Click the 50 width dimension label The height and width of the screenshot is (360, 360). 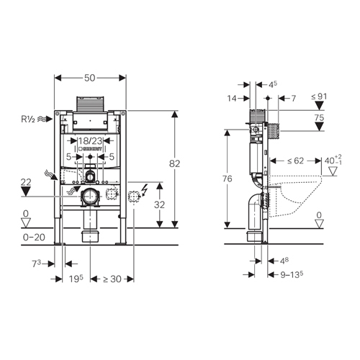pyautogui.click(x=90, y=78)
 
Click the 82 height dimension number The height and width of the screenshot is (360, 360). pyautogui.click(x=174, y=163)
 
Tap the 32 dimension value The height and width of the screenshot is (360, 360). pyautogui.click(x=159, y=205)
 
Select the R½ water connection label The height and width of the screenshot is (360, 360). pyautogui.click(x=28, y=119)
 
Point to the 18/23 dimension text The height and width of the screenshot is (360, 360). pyautogui.click(x=91, y=140)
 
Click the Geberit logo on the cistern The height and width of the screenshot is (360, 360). pyautogui.click(x=91, y=148)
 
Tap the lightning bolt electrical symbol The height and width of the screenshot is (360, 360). pyautogui.click(x=145, y=190)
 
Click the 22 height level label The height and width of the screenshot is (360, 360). pyautogui.click(x=26, y=182)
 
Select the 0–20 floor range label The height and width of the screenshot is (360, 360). pyautogui.click(x=34, y=238)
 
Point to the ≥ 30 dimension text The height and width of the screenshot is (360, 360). pyautogui.click(x=112, y=279)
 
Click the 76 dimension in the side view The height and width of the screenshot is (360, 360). pyautogui.click(x=227, y=179)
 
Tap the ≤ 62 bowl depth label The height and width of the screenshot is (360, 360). pyautogui.click(x=296, y=161)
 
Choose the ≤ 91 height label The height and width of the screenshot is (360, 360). pyautogui.click(x=319, y=96)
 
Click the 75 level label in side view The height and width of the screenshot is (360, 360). pyautogui.click(x=319, y=118)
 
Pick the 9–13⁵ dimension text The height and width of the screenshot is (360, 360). pyautogui.click(x=292, y=274)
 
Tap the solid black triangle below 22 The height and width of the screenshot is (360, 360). pyautogui.click(x=26, y=192)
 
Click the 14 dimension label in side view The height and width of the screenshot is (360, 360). pyautogui.click(x=232, y=99)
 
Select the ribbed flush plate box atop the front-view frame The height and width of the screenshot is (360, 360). pyautogui.click(x=90, y=104)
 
